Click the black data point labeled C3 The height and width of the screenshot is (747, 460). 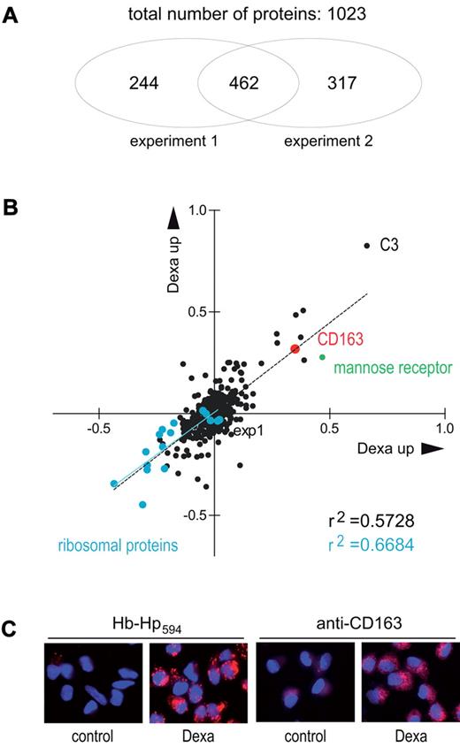tap(366, 245)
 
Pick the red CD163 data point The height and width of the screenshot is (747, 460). tap(295, 348)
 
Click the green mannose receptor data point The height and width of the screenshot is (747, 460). tap(321, 356)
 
